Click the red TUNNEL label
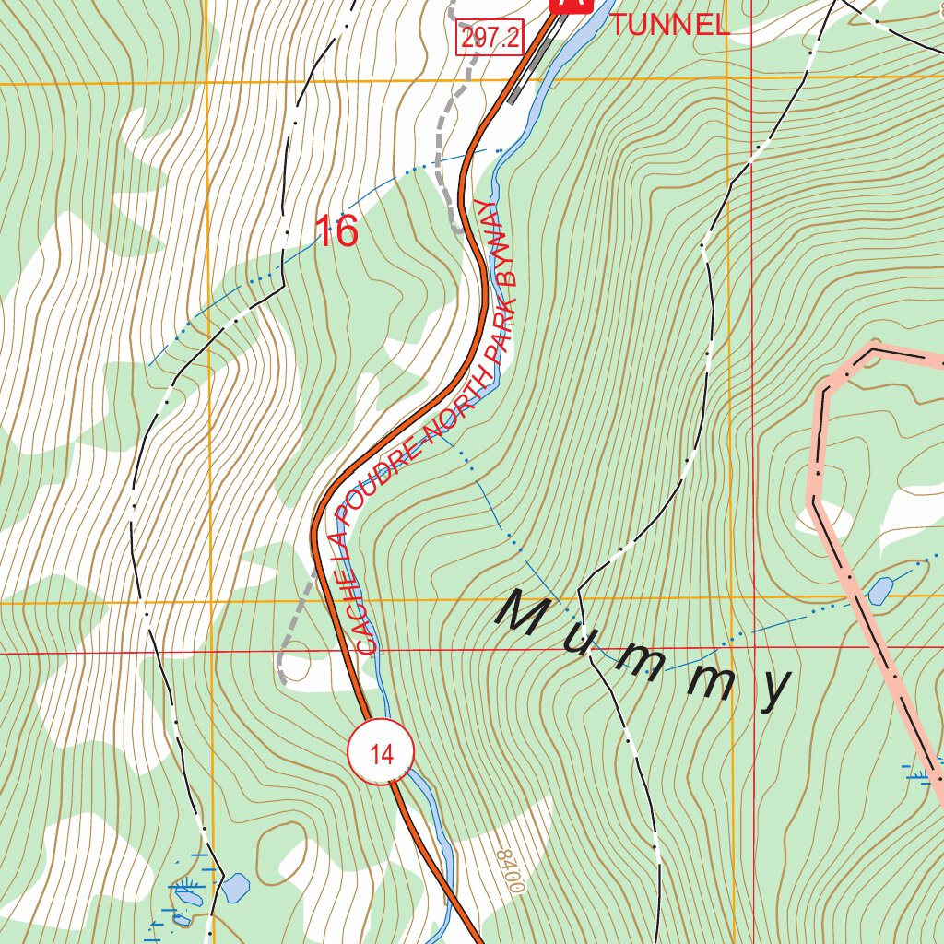(x=668, y=25)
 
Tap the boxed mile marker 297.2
(x=489, y=37)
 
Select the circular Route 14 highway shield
(x=381, y=753)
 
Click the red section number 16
(x=336, y=231)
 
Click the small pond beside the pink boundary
(x=880, y=590)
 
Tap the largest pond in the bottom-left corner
(x=234, y=887)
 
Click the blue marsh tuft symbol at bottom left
(x=188, y=891)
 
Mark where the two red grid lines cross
(x=753, y=648)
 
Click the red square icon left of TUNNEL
(x=570, y=5)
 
